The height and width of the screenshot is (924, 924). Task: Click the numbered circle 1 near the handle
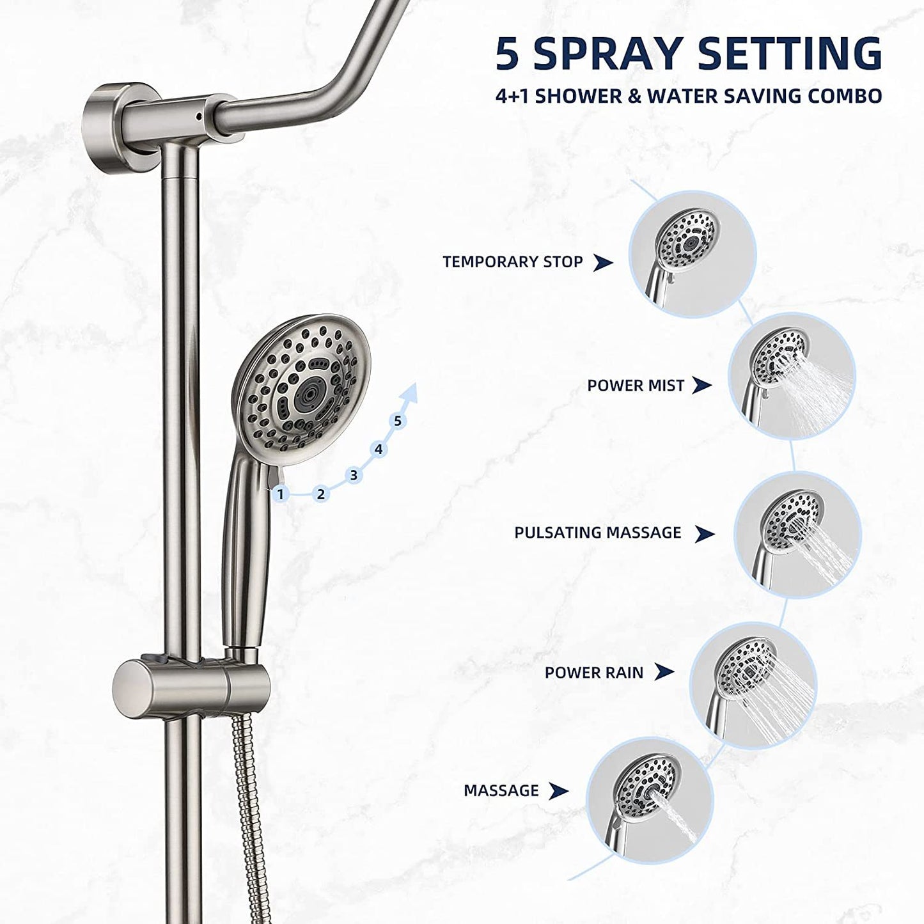coord(280,494)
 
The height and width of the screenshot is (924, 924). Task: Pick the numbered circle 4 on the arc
coord(379,450)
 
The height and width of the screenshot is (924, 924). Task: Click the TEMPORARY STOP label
coord(512,262)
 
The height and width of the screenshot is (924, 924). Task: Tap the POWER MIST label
coord(636,386)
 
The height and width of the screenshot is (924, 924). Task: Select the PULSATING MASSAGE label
coord(597,533)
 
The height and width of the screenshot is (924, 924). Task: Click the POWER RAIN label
coord(593,672)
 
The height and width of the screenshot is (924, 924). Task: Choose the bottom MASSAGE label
coord(501,790)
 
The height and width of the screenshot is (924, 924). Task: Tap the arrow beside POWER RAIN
coord(665,672)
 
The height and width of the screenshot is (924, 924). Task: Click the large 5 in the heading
coord(508,54)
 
